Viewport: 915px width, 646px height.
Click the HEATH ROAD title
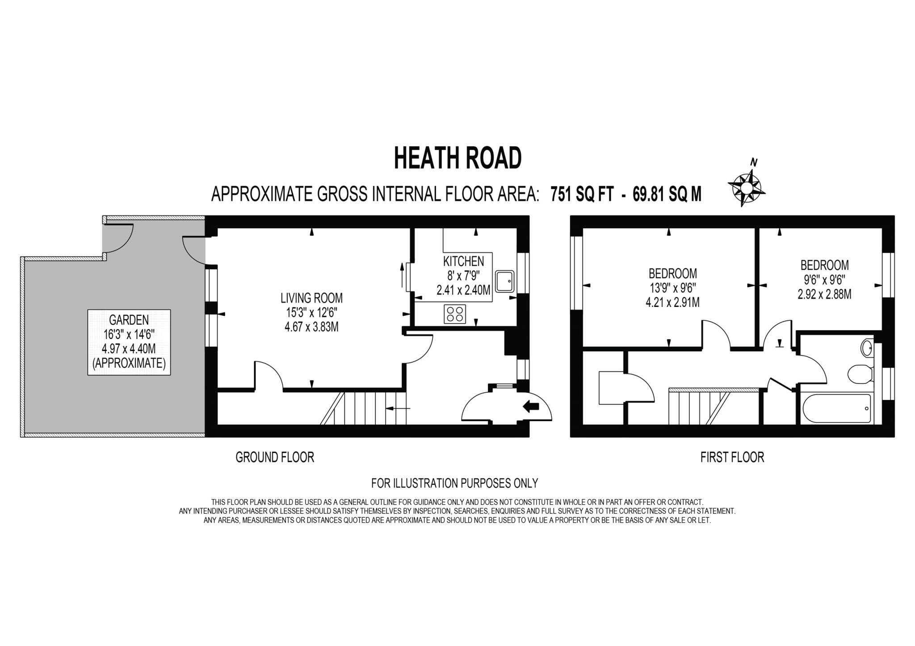click(x=457, y=158)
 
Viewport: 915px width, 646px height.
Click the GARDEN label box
click(x=129, y=342)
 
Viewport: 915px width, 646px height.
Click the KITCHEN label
click(x=463, y=261)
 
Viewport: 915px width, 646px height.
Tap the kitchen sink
click(x=505, y=281)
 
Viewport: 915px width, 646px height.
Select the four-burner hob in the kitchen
click(x=455, y=314)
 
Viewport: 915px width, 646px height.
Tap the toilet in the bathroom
click(x=860, y=373)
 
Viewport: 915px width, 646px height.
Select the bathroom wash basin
click(x=866, y=348)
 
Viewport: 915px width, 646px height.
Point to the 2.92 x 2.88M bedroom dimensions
click(x=824, y=294)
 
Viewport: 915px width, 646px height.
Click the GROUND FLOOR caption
click(x=275, y=457)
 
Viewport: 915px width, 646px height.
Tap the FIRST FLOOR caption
click(x=732, y=457)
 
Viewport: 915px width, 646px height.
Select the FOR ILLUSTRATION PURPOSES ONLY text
click(x=454, y=483)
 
